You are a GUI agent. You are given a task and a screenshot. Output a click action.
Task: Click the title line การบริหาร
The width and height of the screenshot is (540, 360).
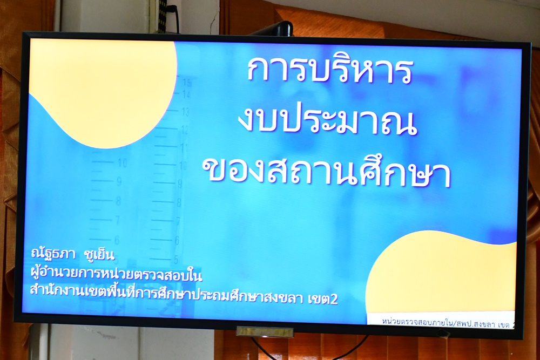[329, 71]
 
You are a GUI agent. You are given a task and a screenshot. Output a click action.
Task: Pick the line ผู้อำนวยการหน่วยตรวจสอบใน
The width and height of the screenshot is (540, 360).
[116, 274]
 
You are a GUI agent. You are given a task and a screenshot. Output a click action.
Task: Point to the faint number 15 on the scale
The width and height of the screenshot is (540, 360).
[187, 83]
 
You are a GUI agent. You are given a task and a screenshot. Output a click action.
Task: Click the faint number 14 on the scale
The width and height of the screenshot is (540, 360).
[186, 94]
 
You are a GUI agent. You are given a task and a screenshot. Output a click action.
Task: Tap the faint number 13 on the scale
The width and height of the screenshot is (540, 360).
[186, 112]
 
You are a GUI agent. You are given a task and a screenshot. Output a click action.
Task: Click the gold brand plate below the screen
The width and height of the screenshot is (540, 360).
[265, 332]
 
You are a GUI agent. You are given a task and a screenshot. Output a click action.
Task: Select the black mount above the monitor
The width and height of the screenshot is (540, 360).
[275, 29]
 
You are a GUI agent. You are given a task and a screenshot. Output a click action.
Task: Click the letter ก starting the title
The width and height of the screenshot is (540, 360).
[258, 71]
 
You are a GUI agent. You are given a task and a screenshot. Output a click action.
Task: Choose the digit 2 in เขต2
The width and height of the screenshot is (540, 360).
[334, 299]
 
